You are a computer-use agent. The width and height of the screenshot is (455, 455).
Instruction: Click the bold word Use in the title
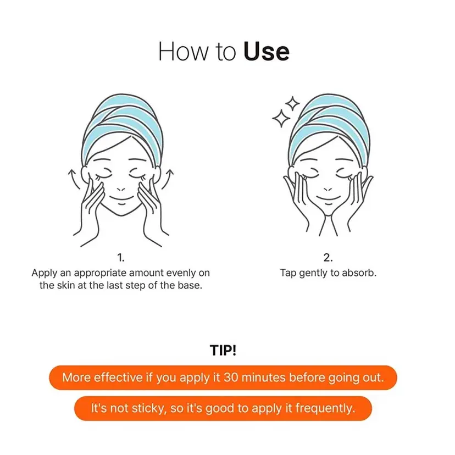267,51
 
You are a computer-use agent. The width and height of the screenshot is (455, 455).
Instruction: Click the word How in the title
183,51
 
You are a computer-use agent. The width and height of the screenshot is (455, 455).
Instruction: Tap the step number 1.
121,257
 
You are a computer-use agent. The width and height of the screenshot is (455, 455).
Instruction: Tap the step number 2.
328,257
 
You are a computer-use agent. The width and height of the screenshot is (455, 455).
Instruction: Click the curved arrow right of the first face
168,179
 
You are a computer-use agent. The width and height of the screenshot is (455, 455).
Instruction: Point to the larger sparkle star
281,118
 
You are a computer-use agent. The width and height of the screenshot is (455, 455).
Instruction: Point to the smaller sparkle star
292,103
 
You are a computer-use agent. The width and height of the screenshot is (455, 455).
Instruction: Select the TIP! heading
223,350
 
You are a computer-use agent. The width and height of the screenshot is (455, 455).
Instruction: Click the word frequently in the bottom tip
325,408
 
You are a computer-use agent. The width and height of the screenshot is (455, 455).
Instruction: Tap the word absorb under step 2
359,273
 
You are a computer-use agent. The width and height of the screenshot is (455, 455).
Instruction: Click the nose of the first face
121,189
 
